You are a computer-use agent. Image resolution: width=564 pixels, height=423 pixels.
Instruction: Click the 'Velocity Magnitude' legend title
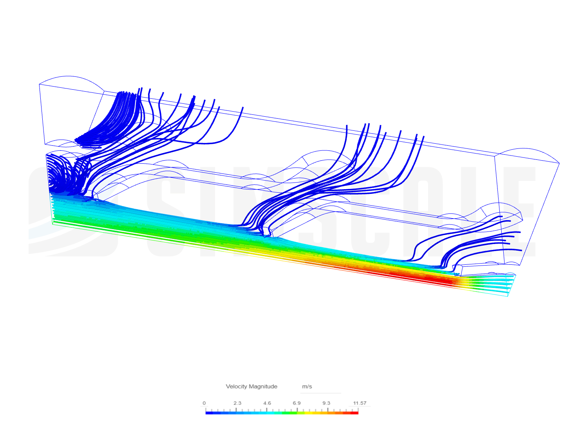[x=251, y=386]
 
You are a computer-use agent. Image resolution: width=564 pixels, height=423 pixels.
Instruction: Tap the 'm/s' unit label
[x=307, y=386]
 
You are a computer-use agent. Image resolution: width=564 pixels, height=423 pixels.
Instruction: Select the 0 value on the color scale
[x=204, y=403]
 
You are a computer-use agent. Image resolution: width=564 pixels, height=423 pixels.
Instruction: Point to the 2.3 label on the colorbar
[x=237, y=403]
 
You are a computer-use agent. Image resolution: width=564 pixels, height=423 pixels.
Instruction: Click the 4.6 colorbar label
[x=267, y=403]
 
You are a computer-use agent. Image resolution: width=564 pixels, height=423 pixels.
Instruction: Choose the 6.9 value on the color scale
[x=296, y=403]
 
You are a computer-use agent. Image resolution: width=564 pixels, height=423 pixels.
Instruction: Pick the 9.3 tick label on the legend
[x=326, y=403]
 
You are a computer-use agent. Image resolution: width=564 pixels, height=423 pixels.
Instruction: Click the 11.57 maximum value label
[x=360, y=403]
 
